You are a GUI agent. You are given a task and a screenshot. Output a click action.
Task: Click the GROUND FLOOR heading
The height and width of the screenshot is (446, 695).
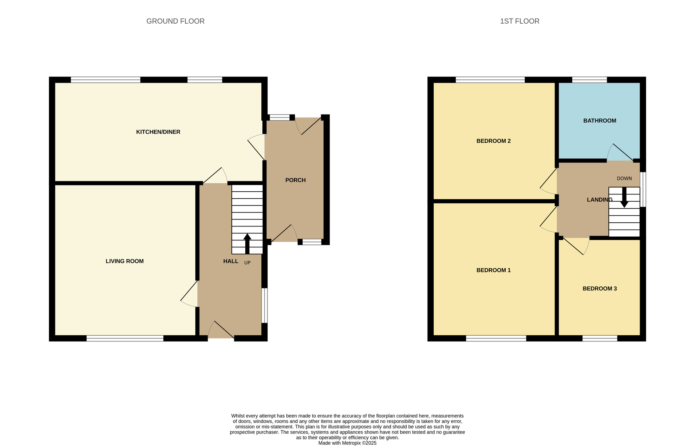[x=175, y=21]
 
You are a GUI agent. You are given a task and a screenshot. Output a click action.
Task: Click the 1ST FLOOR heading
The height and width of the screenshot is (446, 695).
[x=520, y=21]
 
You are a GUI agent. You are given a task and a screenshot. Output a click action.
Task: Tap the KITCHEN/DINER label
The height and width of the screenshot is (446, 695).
[x=158, y=132]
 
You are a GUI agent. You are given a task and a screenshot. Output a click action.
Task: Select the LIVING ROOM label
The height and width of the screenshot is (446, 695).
[x=124, y=261]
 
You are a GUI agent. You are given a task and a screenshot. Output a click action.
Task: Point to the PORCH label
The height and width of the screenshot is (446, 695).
[x=295, y=180]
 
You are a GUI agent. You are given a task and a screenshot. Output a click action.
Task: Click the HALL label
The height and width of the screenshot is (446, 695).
[x=231, y=261]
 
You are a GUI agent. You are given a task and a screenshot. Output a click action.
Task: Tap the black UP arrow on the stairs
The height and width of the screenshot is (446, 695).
[x=247, y=243]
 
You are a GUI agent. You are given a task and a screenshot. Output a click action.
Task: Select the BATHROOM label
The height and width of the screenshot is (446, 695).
[x=599, y=121]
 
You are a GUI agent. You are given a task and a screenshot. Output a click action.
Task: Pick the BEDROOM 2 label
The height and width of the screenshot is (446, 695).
[x=493, y=141]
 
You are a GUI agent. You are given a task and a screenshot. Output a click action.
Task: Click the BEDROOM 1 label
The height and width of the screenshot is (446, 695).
[x=493, y=270]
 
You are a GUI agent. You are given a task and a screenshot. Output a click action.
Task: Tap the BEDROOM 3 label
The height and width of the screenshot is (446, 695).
[x=599, y=288]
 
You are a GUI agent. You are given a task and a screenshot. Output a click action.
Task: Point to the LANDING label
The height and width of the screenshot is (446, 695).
[x=599, y=200]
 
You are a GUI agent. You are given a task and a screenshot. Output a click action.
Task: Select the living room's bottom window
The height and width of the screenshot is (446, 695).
[x=125, y=338]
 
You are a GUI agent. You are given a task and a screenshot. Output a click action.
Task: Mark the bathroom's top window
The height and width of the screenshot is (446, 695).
[x=589, y=80]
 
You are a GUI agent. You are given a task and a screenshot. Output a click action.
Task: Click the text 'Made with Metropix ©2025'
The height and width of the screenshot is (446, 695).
[x=347, y=443]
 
